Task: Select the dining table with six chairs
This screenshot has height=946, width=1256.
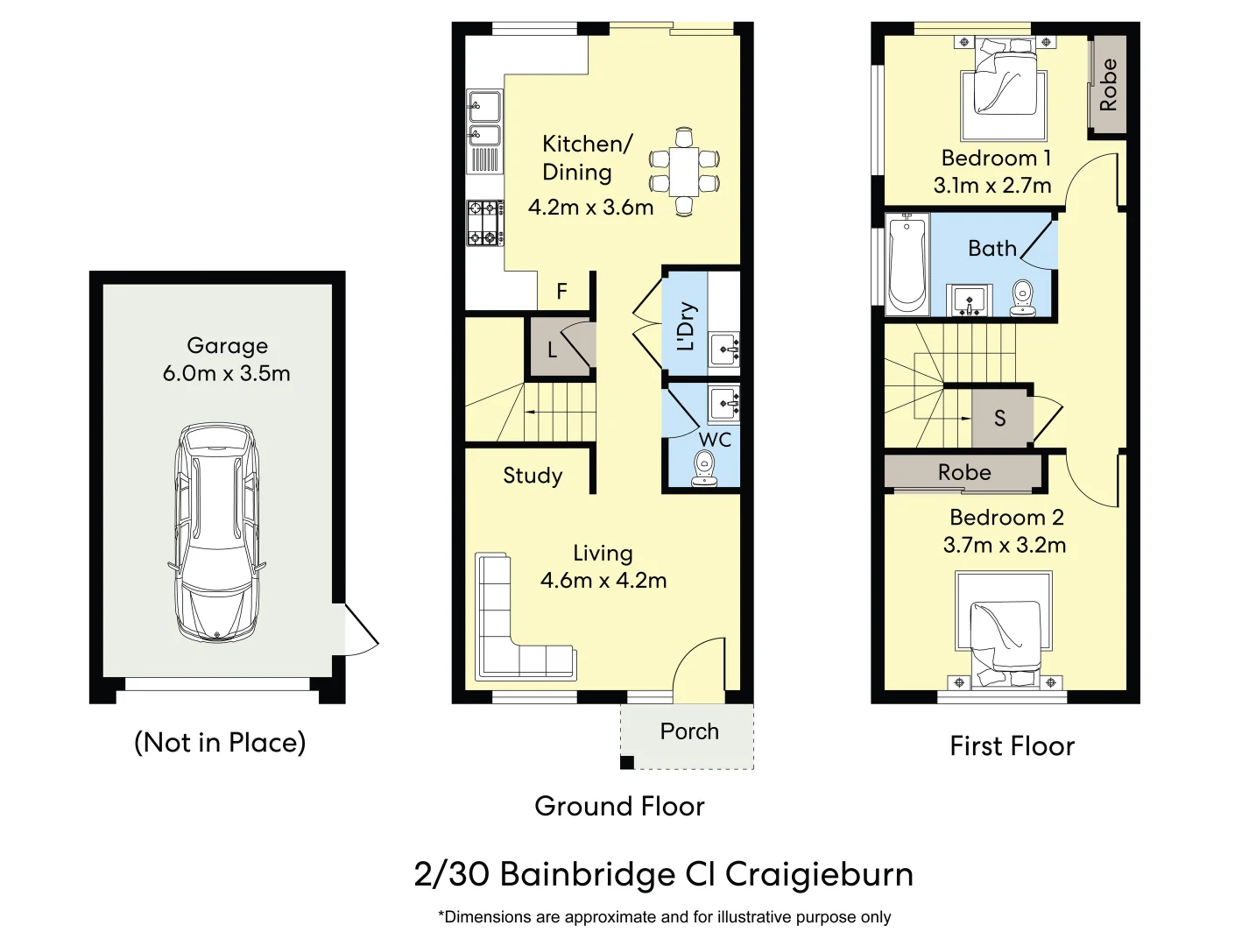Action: pyautogui.click(x=684, y=172)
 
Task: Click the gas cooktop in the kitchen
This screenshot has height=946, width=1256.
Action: pyautogui.click(x=484, y=222)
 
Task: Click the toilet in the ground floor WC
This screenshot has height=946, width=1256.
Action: pyautogui.click(x=704, y=468)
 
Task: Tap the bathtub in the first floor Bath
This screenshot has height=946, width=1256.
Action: pyautogui.click(x=907, y=263)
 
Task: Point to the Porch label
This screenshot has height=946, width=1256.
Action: pyautogui.click(x=689, y=731)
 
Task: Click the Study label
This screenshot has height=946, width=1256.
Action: pyautogui.click(x=533, y=476)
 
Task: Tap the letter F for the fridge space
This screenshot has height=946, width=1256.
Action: pyautogui.click(x=561, y=291)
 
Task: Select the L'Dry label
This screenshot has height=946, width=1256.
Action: pyautogui.click(x=686, y=326)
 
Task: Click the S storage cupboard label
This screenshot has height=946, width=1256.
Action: pyautogui.click(x=1000, y=419)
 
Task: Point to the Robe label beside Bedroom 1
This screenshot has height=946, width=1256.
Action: pyautogui.click(x=1108, y=85)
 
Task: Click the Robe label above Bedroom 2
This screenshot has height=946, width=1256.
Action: pyautogui.click(x=964, y=472)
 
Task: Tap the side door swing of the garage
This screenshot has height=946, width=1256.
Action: pyautogui.click(x=359, y=629)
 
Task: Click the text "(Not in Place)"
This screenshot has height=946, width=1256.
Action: pyautogui.click(x=220, y=743)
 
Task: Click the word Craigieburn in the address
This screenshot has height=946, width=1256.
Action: pyautogui.click(x=819, y=874)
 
